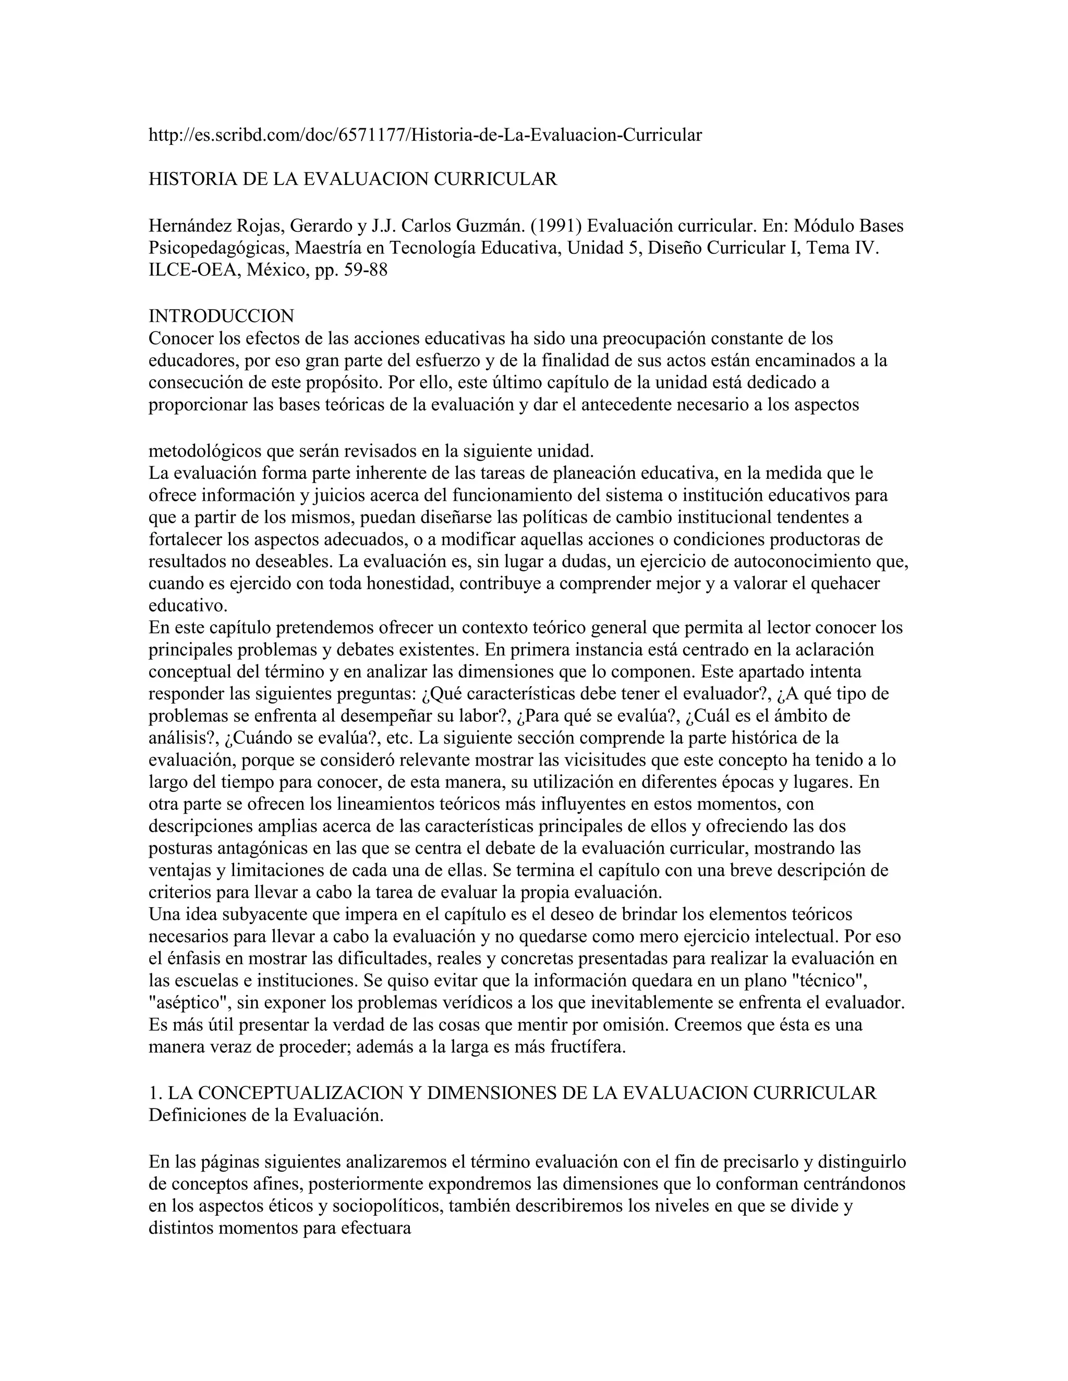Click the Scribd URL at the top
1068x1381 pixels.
click(x=424, y=134)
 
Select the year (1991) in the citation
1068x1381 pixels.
click(x=556, y=226)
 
